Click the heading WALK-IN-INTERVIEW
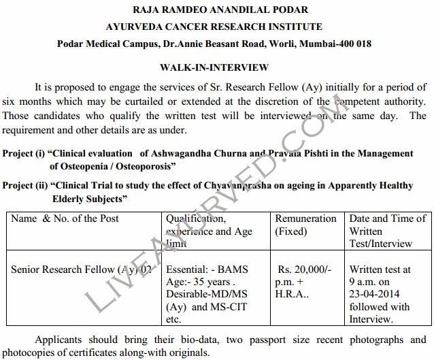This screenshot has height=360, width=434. pyautogui.click(x=214, y=67)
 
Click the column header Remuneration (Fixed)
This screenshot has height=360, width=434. pyautogui.click(x=305, y=225)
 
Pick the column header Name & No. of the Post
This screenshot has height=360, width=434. pyautogui.click(x=65, y=218)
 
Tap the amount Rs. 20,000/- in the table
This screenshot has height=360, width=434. pyautogui.click(x=305, y=269)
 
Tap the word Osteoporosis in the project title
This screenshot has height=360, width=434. pyautogui.click(x=145, y=166)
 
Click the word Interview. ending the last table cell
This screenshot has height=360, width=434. pyautogui.click(x=371, y=318)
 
